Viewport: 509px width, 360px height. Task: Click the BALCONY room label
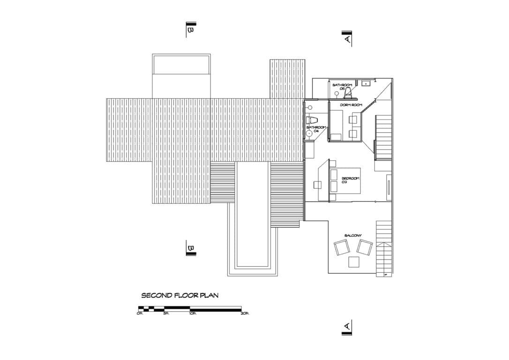point(353,235)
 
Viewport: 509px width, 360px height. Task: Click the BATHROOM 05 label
point(342,87)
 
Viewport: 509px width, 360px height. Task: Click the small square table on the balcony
point(354,262)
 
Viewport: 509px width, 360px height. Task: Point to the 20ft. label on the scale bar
point(245,314)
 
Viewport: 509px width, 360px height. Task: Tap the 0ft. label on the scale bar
point(140,314)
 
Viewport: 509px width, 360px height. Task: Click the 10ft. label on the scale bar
point(192,314)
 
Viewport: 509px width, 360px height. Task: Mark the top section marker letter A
point(347,40)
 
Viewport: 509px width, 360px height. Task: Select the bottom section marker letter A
point(347,325)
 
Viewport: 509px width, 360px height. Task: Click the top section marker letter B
point(190,30)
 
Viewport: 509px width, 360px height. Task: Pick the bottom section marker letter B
point(190,247)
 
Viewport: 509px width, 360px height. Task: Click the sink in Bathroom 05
point(366,83)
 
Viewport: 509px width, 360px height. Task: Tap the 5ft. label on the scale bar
point(166,314)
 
